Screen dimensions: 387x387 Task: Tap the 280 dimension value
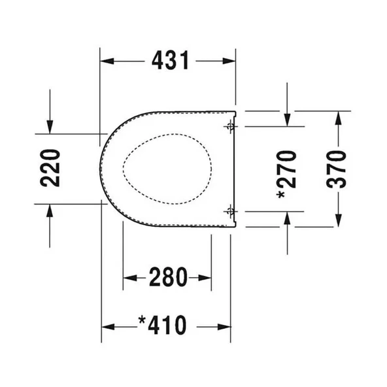coord(167,278)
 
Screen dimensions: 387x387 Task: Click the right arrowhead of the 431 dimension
coord(230,61)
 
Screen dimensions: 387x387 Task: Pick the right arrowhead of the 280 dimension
coord(206,278)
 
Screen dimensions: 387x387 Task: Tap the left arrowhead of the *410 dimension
coord(107,324)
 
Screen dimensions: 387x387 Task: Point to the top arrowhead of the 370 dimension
coord(338,116)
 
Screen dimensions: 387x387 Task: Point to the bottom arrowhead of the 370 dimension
coord(338,222)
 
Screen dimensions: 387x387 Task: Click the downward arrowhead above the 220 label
coord(50,128)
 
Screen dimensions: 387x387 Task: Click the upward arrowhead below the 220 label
coord(50,209)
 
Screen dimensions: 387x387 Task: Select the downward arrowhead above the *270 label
coord(288,120)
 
